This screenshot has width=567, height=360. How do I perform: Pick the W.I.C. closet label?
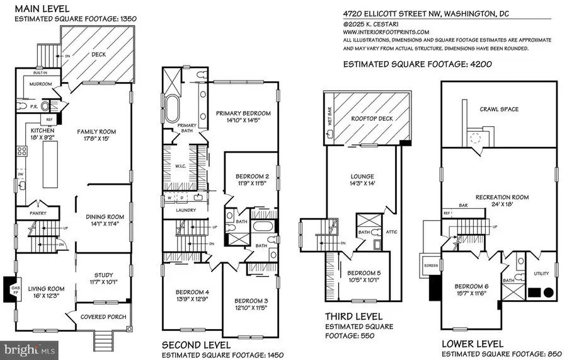pos(179,167)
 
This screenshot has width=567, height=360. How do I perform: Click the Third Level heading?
pos(351,316)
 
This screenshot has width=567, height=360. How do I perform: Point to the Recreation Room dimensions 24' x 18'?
pos(501,205)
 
